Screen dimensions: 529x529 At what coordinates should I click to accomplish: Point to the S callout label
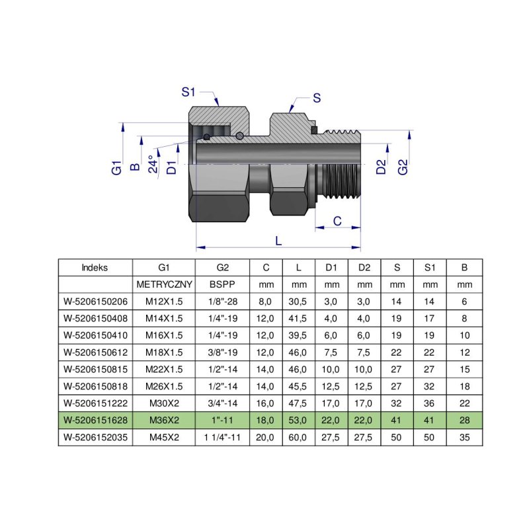[317, 98]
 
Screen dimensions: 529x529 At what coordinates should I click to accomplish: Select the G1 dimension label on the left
[116, 167]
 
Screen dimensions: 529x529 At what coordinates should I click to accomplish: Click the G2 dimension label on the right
[403, 167]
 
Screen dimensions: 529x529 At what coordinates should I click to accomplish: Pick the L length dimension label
[278, 241]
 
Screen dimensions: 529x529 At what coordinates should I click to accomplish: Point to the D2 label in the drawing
[381, 167]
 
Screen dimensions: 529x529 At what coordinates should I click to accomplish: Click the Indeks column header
[95, 268]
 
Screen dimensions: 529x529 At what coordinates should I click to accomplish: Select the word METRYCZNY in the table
[164, 284]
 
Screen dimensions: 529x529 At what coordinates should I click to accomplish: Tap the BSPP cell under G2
[222, 284]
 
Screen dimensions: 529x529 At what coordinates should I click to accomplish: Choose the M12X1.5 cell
[164, 301]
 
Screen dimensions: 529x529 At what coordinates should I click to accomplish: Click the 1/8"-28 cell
[222, 301]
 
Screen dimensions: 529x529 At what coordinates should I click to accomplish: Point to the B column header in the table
[464, 268]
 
